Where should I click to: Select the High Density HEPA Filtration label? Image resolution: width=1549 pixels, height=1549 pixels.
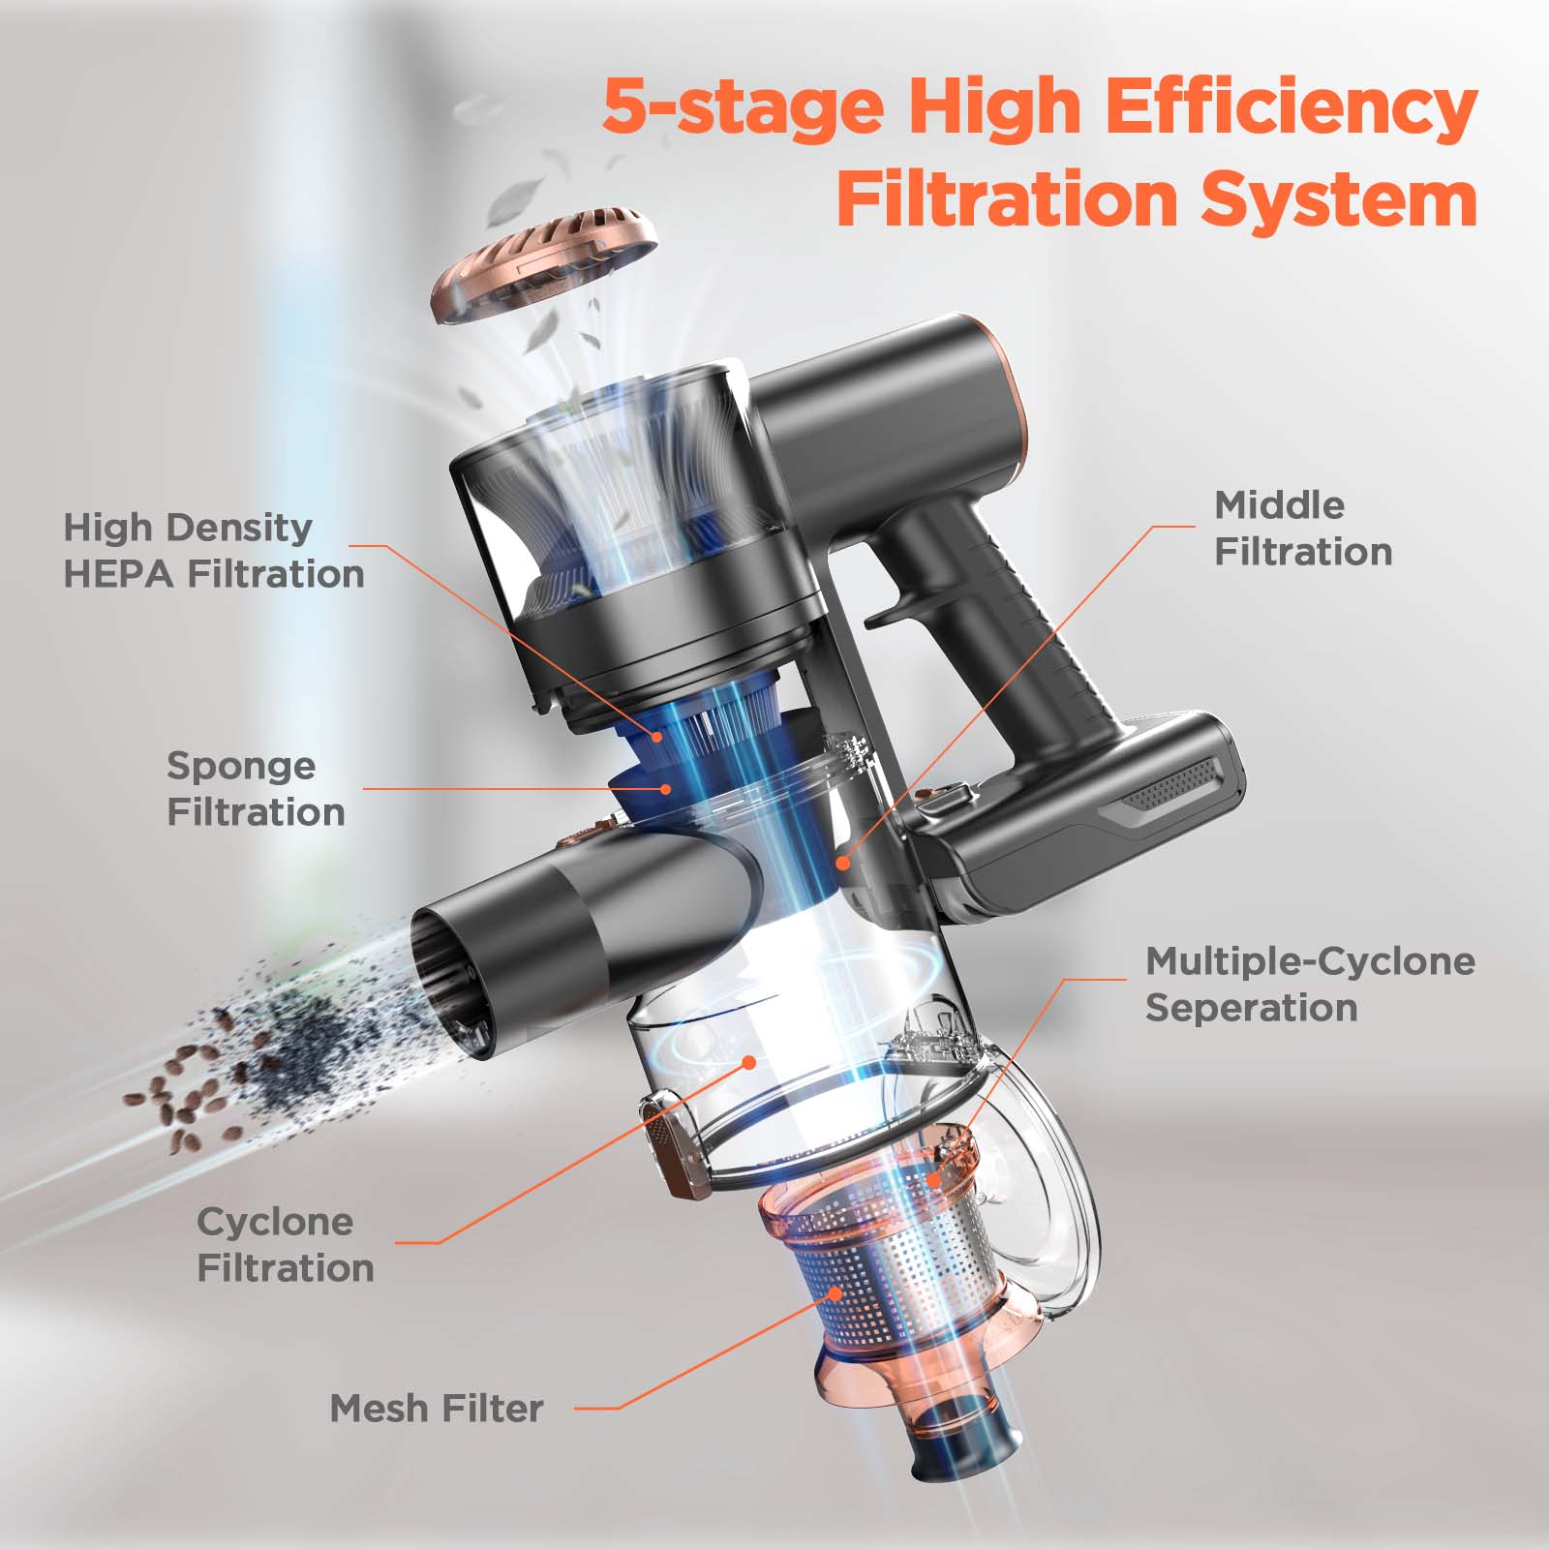[213, 551]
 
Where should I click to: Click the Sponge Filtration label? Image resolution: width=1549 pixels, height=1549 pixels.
[255, 789]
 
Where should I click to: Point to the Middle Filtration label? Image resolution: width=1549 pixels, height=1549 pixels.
[1302, 529]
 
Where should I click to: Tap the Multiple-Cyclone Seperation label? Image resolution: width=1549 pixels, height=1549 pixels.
[1309, 985]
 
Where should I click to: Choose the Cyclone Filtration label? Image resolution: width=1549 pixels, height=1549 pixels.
[285, 1245]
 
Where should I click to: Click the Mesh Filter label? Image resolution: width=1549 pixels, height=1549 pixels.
[436, 1409]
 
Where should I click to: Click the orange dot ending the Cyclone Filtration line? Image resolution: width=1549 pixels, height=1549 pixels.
[748, 1062]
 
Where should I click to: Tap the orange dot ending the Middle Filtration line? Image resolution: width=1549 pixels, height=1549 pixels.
[843, 860]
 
